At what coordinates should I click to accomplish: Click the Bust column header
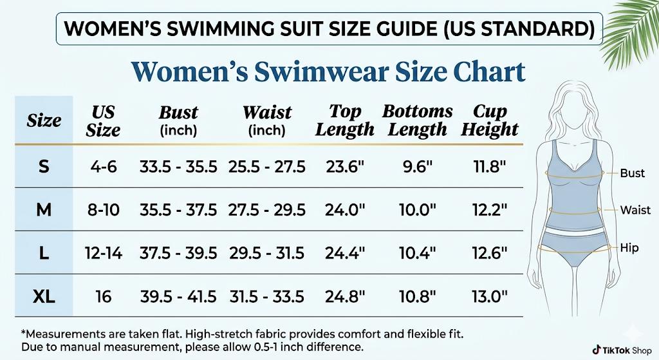click(x=178, y=120)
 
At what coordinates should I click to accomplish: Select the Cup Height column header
click(x=490, y=120)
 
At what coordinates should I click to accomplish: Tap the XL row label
click(x=44, y=296)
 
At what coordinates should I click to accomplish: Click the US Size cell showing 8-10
click(x=103, y=210)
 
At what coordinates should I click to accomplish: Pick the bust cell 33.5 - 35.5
click(x=178, y=167)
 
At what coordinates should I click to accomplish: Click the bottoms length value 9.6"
click(x=418, y=167)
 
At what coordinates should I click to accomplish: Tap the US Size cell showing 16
click(x=103, y=296)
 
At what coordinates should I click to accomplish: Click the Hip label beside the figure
click(x=629, y=247)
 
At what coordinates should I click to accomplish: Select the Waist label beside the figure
click(x=635, y=210)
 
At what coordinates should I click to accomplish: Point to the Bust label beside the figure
click(x=632, y=173)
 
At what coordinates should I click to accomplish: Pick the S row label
click(x=44, y=167)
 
